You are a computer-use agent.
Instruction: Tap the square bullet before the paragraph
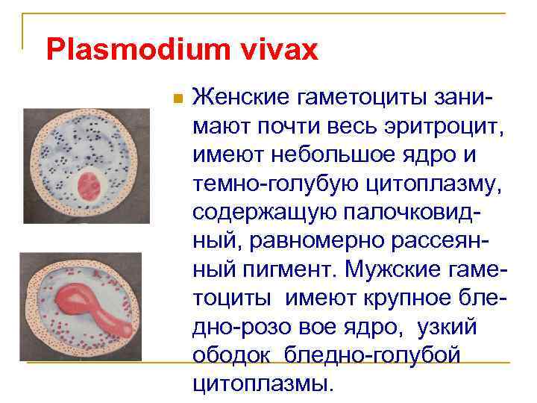[176, 99]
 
